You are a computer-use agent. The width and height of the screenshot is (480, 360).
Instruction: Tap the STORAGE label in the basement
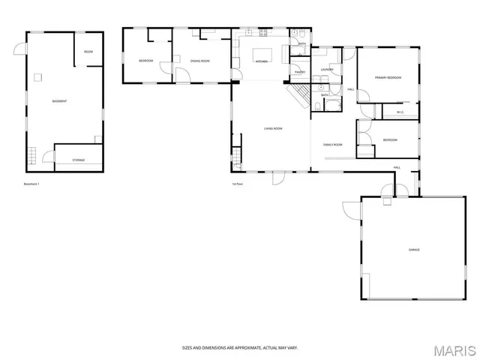(78, 160)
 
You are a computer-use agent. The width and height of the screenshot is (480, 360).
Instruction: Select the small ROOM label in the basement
(88, 52)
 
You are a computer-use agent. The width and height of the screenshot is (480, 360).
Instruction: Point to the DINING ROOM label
(199, 60)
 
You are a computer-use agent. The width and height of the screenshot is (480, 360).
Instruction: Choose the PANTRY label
(298, 72)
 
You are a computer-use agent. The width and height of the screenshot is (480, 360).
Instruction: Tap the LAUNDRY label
(326, 70)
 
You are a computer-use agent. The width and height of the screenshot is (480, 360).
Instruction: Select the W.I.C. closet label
(400, 112)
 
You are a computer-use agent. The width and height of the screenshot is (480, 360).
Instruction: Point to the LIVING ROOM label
(273, 128)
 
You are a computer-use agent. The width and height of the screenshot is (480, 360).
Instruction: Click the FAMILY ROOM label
(333, 144)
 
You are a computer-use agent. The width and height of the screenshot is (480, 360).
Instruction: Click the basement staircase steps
(32, 157)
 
